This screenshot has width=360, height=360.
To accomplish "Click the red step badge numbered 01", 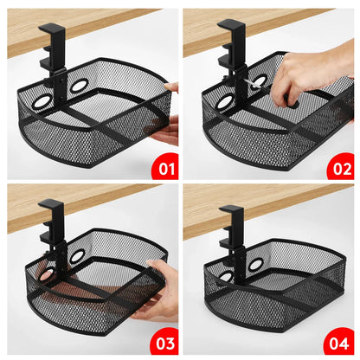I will point(164,165).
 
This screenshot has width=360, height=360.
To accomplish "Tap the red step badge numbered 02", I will point(339,165).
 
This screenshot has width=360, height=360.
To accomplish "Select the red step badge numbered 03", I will point(164,342).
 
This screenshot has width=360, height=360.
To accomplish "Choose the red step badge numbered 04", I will point(339,342).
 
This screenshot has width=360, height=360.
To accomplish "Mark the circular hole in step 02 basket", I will point(225,101).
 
